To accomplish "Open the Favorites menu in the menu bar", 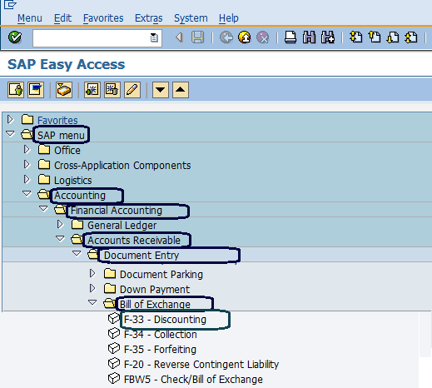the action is pyautogui.click(x=103, y=18).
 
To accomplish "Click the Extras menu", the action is pyautogui.click(x=149, y=18).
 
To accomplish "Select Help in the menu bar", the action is pyautogui.click(x=229, y=18).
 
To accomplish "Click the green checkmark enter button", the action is pyautogui.click(x=15, y=37).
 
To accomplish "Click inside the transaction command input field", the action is pyautogui.click(x=92, y=37).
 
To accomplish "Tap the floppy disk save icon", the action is pyautogui.click(x=197, y=37).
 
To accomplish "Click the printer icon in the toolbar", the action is pyautogui.click(x=290, y=37).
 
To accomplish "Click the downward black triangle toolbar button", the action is pyautogui.click(x=161, y=90).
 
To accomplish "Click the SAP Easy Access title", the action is pyautogui.click(x=67, y=64).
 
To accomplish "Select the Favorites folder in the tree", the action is pyautogui.click(x=57, y=120).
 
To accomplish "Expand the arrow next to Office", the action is pyautogui.click(x=27, y=150).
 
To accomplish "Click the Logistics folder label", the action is pyautogui.click(x=72, y=181).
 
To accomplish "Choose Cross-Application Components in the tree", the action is pyautogui.click(x=122, y=166).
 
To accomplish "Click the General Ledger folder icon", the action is pyautogui.click(x=77, y=225).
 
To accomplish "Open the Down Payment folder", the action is pyautogui.click(x=155, y=290).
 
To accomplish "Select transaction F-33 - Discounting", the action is pyautogui.click(x=165, y=320).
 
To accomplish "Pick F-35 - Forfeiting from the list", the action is pyautogui.click(x=160, y=350).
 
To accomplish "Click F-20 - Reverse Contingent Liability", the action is pyautogui.click(x=201, y=365).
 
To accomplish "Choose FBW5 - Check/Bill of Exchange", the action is pyautogui.click(x=193, y=380).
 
